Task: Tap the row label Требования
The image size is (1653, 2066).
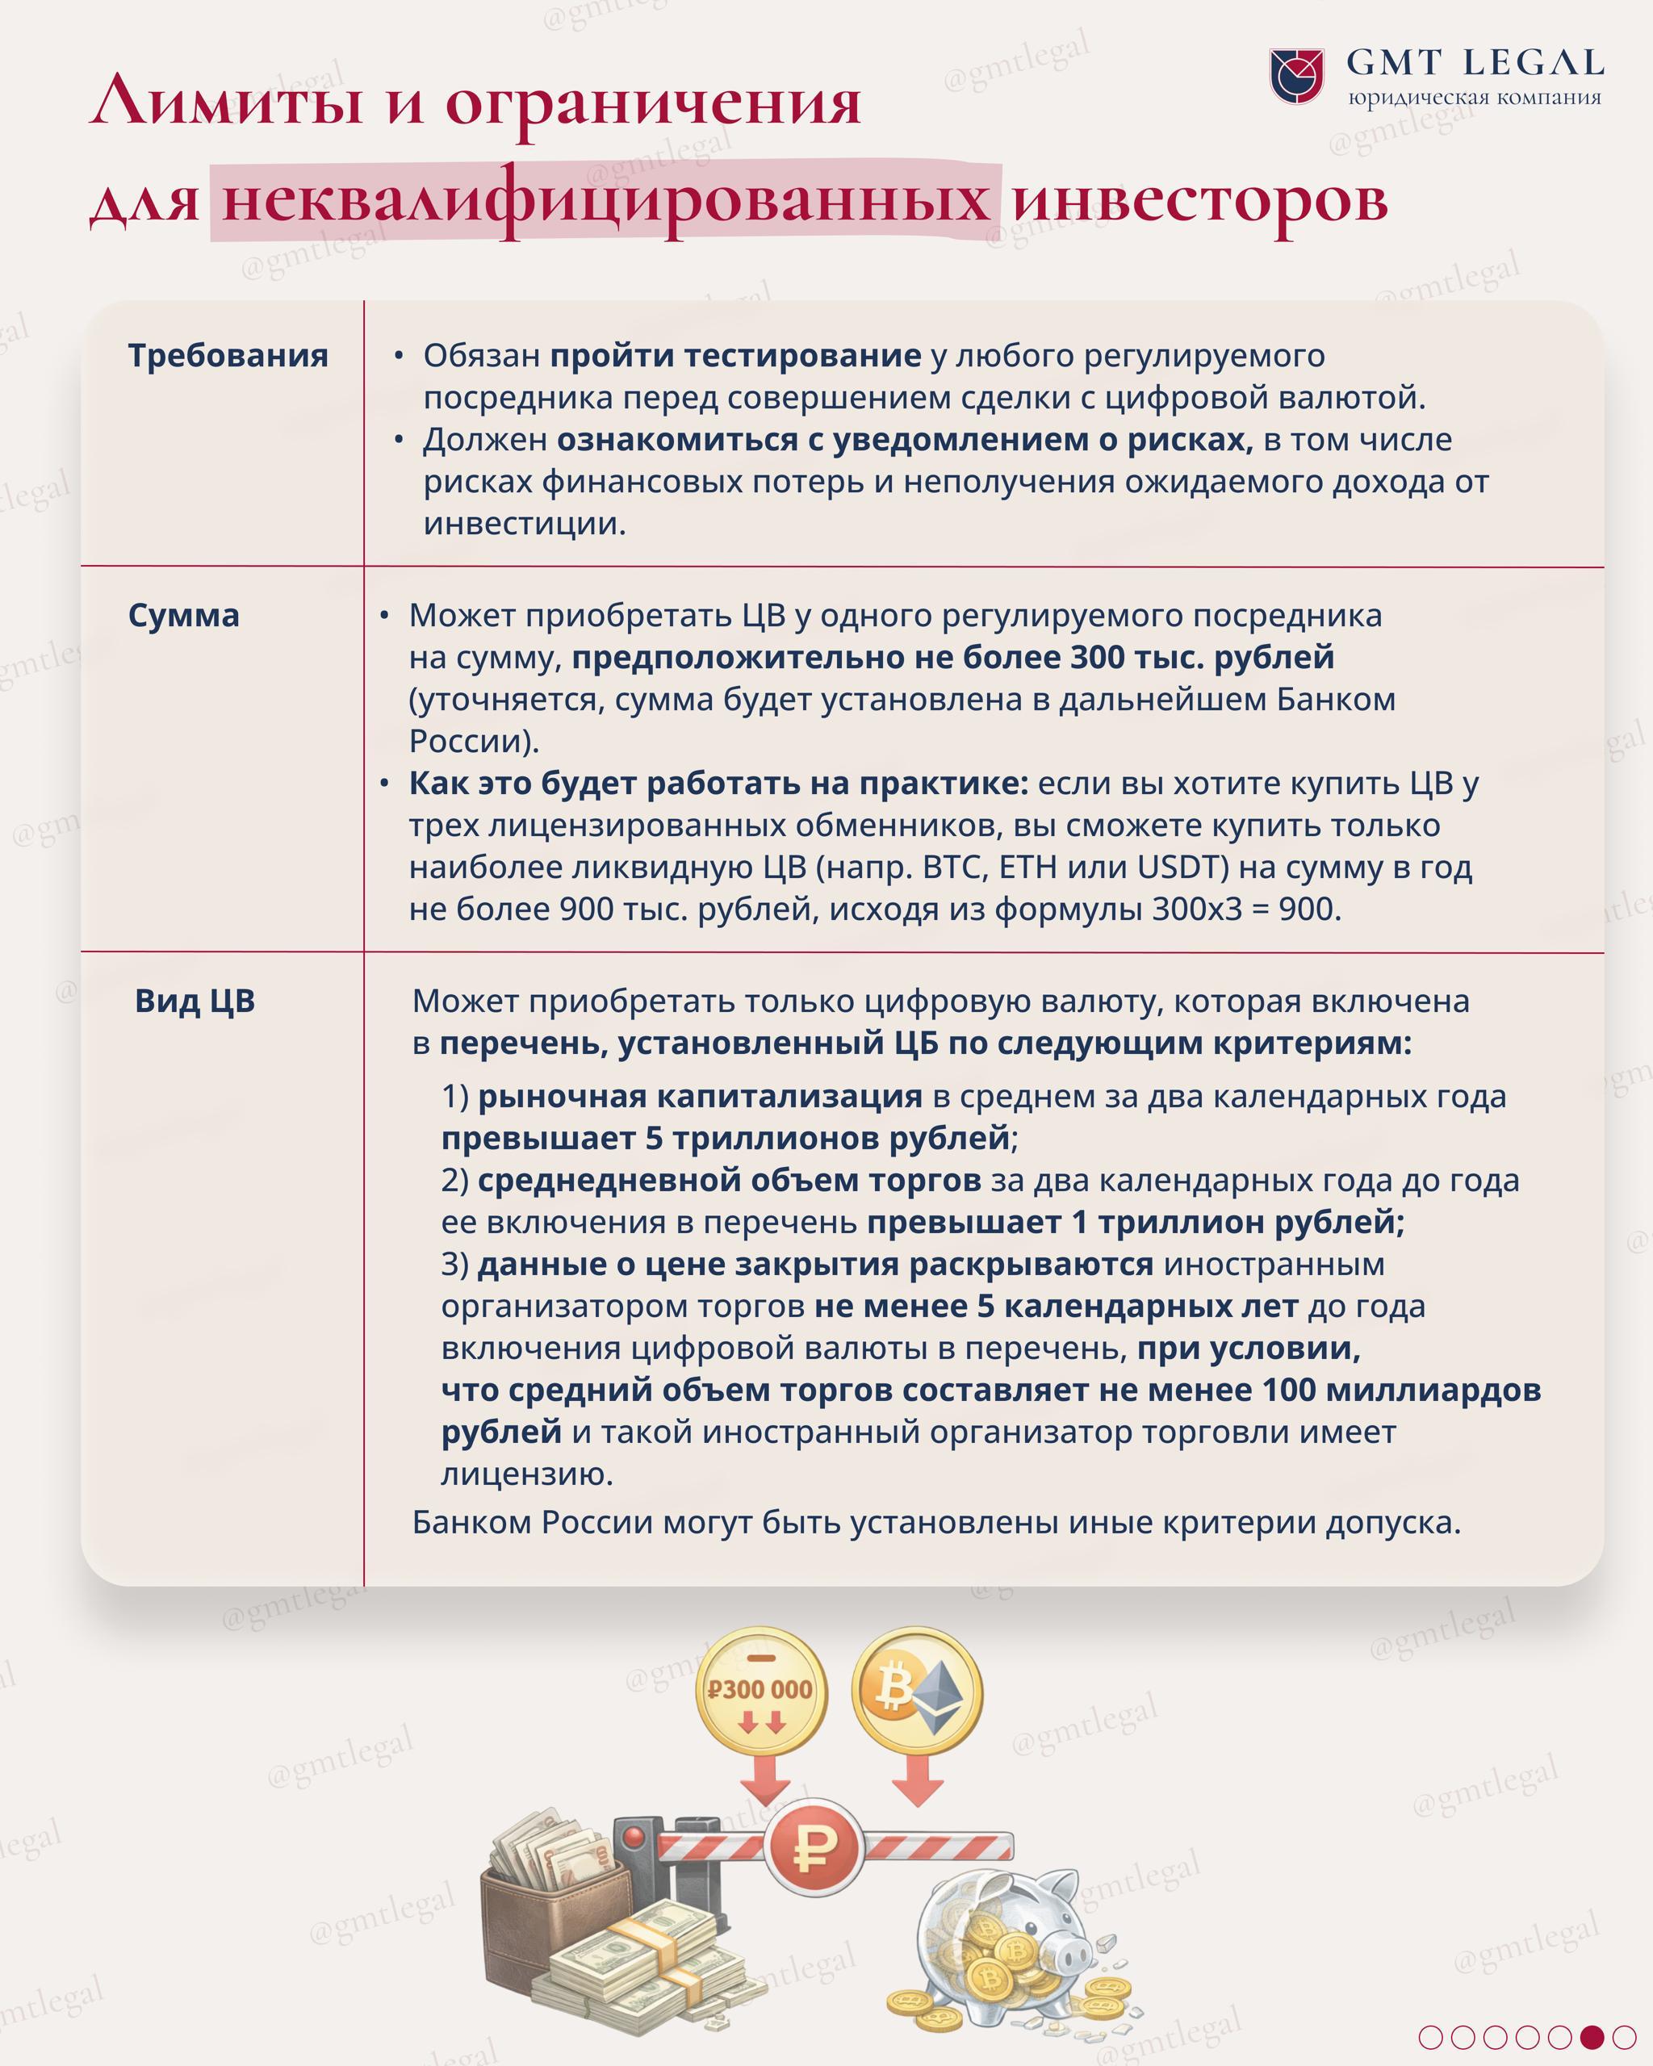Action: (228, 356)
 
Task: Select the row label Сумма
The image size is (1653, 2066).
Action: (184, 615)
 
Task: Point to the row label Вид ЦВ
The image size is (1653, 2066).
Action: (195, 1001)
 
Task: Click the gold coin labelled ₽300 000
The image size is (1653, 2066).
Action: (760, 1689)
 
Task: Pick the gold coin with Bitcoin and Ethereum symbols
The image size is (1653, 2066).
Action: (917, 1688)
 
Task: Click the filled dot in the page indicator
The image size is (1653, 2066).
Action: (1592, 2037)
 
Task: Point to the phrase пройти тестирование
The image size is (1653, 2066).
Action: (735, 356)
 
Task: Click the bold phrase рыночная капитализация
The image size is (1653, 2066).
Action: (700, 1095)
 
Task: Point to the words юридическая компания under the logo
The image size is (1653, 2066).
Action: (1474, 98)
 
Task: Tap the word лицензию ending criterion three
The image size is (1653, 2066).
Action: (526, 1474)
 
